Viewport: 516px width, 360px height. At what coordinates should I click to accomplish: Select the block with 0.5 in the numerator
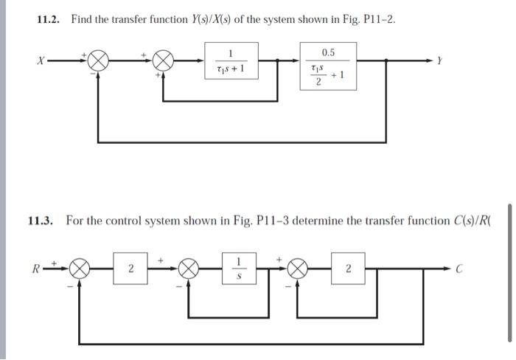point(328,66)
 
